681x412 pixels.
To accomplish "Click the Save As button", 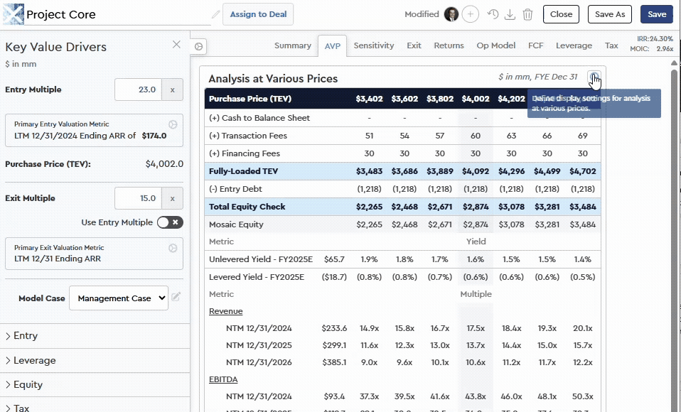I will pyautogui.click(x=609, y=14).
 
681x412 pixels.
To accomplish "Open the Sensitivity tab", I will pyautogui.click(x=373, y=45).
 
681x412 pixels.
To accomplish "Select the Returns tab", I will pyautogui.click(x=449, y=45).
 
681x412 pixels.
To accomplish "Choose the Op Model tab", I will pyautogui.click(x=495, y=45).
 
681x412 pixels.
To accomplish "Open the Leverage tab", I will pyautogui.click(x=574, y=45).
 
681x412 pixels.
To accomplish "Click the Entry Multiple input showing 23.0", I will pyautogui.click(x=138, y=90).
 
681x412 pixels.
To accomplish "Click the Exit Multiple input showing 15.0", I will pyautogui.click(x=138, y=199).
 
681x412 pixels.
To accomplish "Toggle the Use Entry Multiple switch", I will pyautogui.click(x=170, y=222).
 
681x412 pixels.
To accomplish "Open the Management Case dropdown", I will pyautogui.click(x=118, y=298).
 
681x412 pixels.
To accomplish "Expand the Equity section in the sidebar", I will pyautogui.click(x=28, y=384).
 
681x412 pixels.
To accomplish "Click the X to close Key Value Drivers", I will pyautogui.click(x=176, y=45).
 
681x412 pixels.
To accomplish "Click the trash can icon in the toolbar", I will pyautogui.click(x=527, y=14).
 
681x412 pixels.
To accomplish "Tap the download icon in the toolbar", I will pyautogui.click(x=510, y=14).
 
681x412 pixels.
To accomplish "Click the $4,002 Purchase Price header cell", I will pyautogui.click(x=476, y=99).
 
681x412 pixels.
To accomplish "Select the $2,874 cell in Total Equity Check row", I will pyautogui.click(x=476, y=207).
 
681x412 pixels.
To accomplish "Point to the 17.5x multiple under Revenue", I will pyautogui.click(x=476, y=328).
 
